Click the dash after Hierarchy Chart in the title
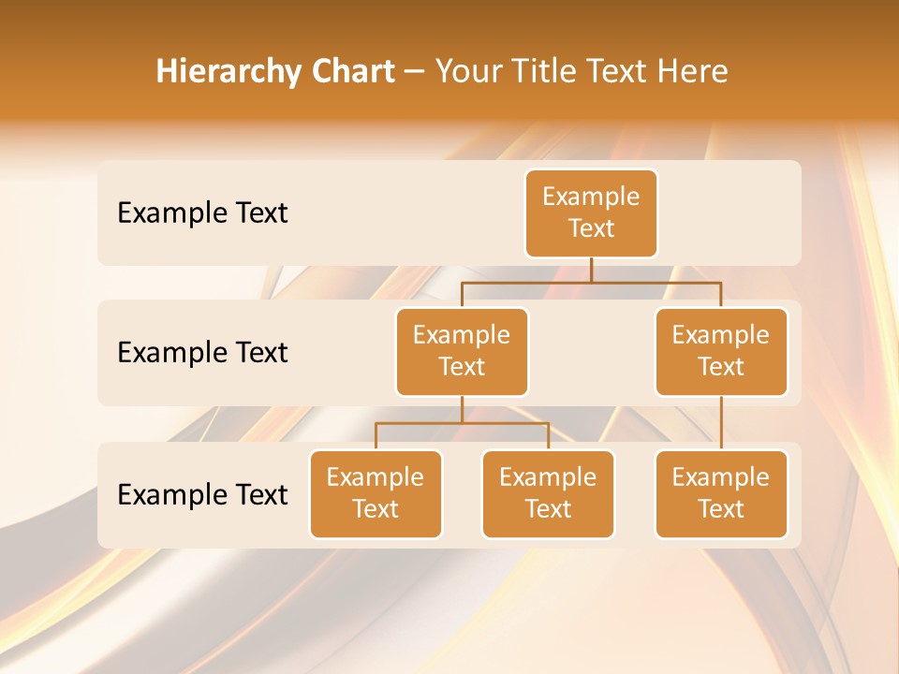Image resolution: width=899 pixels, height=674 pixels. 415,72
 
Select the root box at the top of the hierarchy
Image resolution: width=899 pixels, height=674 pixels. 591,212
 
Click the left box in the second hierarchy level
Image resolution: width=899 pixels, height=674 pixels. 462,351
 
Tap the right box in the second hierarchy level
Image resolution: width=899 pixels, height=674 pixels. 721,351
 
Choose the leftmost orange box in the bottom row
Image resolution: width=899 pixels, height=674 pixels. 376,493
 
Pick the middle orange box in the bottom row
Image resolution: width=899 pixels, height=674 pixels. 548,493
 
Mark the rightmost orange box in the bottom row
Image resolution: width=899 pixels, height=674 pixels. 721,493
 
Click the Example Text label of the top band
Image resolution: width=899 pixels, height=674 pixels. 202,213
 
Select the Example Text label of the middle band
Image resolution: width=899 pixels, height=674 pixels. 202,353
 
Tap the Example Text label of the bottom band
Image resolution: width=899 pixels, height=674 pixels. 202,494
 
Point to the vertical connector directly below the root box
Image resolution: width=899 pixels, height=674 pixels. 591,270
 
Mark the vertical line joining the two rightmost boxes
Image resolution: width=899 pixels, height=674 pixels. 721,423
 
